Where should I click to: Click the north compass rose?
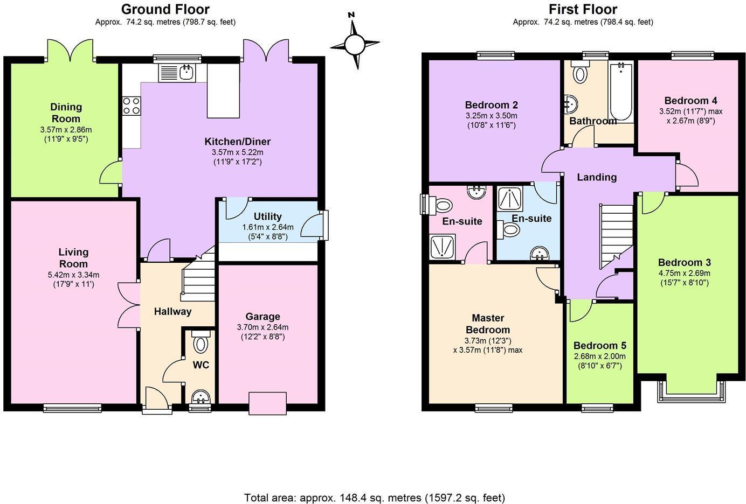click(x=355, y=43)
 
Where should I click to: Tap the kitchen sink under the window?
click(x=177, y=72)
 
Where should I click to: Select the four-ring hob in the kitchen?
click(x=132, y=106)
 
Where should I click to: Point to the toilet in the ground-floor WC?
click(x=201, y=343)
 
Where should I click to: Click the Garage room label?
click(x=263, y=317)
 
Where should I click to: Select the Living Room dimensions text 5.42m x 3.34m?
click(x=73, y=275)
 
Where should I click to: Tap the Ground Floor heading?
click(x=165, y=9)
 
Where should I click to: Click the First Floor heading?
click(x=583, y=9)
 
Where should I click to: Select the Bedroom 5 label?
click(x=599, y=346)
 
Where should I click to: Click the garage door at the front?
click(x=267, y=403)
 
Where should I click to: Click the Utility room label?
click(x=267, y=216)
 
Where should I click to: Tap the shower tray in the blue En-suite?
click(x=507, y=198)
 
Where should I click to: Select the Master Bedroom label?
click(x=487, y=324)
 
